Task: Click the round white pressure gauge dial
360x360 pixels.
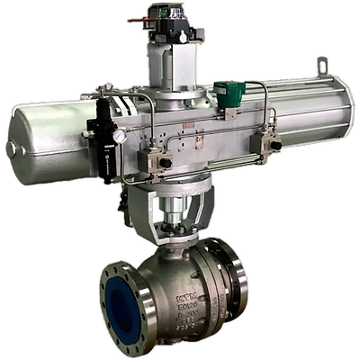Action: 119,136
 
